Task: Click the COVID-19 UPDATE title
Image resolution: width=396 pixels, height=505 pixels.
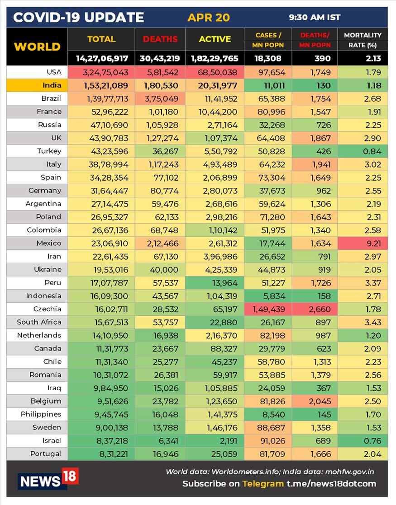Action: [78, 18]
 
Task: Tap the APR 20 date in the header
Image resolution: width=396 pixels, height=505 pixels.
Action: [209, 18]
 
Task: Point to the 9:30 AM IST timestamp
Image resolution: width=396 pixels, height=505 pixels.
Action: [315, 18]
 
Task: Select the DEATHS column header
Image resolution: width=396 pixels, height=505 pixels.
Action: [160, 39]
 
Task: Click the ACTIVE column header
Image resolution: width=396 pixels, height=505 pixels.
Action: [215, 39]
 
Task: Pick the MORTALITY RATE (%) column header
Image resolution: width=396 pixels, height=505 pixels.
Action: [363, 40]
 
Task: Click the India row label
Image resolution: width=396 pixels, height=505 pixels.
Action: [52, 85]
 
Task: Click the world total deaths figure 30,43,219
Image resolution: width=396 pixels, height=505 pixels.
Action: [160, 58]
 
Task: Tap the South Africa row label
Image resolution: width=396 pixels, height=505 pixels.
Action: [39, 323]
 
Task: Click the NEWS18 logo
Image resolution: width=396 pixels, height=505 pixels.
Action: [48, 479]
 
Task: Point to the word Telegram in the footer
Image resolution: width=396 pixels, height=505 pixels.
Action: [263, 484]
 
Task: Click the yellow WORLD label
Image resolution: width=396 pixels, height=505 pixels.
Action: [37, 47]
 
